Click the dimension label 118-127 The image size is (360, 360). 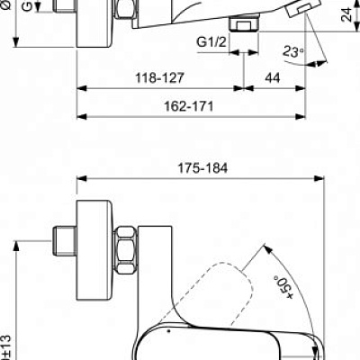point(162,79)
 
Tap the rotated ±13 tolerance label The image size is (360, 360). point(6,343)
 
